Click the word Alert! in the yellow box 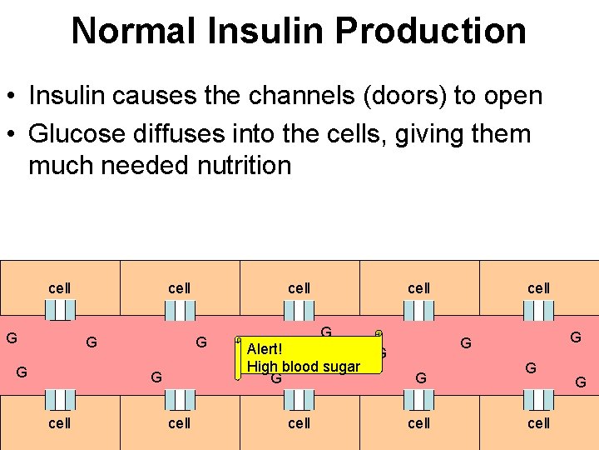[x=265, y=350]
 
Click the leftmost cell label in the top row [x=60, y=288]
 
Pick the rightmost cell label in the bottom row [x=538, y=422]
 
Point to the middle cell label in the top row [x=299, y=288]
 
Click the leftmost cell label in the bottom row [x=60, y=422]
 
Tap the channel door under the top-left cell [x=60, y=310]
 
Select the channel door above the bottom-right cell [x=538, y=400]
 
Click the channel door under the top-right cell [x=538, y=310]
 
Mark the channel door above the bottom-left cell [x=60, y=400]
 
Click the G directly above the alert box [x=326, y=332]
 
